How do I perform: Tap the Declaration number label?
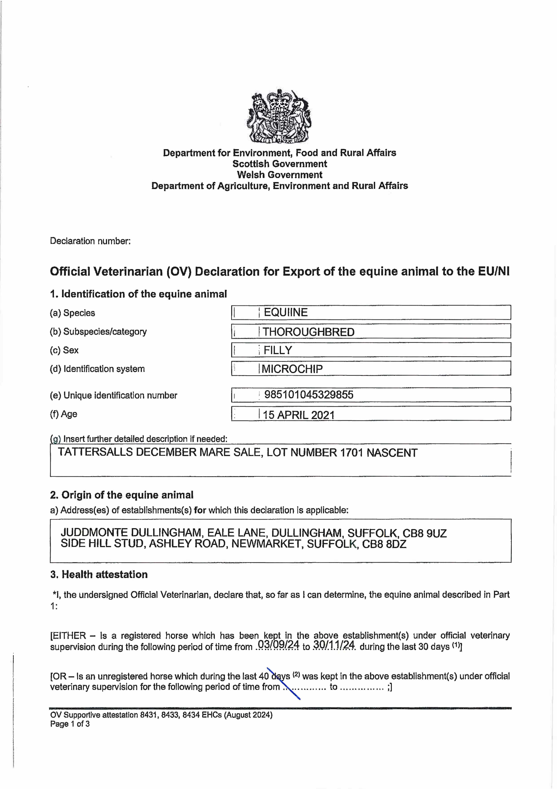90,241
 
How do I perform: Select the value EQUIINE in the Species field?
286,312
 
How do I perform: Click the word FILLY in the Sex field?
278,350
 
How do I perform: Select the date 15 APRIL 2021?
298,415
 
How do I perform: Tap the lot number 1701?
351,453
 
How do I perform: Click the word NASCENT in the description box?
392,453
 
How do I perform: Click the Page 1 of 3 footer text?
70,724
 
